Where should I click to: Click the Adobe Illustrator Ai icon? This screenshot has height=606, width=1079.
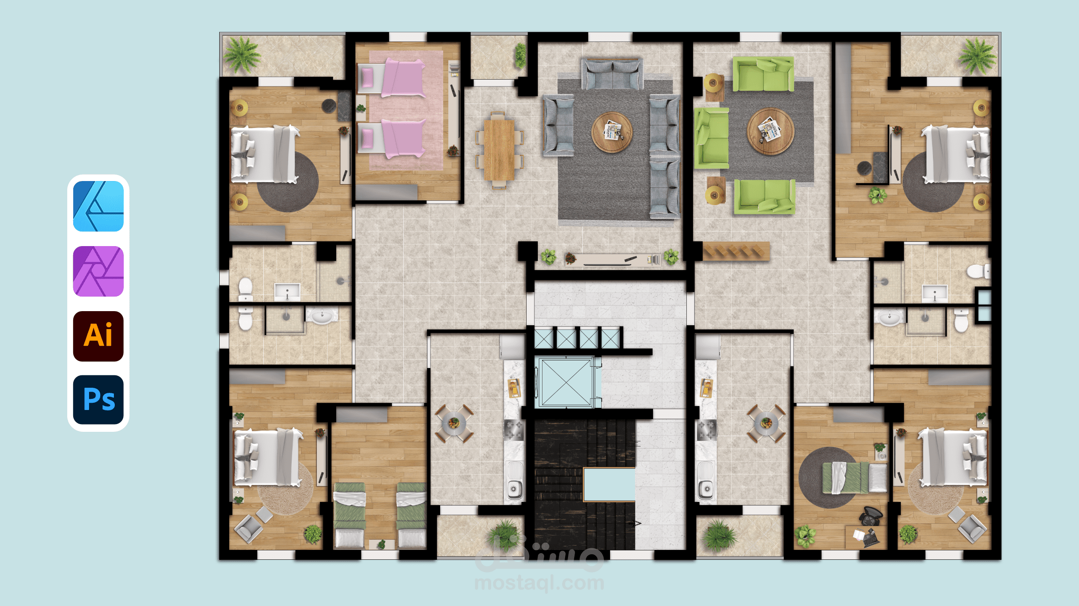pyautogui.click(x=98, y=336)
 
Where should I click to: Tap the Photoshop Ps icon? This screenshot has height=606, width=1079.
pyautogui.click(x=98, y=400)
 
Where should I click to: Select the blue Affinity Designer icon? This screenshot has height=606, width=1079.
pyautogui.click(x=98, y=206)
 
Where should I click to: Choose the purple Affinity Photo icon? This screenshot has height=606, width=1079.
pyautogui.click(x=98, y=271)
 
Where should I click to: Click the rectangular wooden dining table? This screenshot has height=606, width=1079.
pyautogui.click(x=499, y=150)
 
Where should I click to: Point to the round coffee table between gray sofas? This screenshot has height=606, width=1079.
pyautogui.click(x=612, y=132)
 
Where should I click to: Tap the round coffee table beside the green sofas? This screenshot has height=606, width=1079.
pyautogui.click(x=770, y=131)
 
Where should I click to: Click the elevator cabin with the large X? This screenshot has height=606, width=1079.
pyautogui.click(x=566, y=383)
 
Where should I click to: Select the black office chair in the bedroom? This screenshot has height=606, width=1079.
pyautogui.click(x=871, y=516)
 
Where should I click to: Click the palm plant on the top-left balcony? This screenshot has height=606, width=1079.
pyautogui.click(x=242, y=54)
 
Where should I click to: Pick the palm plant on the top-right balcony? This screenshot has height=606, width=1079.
pyautogui.click(x=977, y=56)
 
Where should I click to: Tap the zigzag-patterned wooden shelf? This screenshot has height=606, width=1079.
pyautogui.click(x=736, y=251)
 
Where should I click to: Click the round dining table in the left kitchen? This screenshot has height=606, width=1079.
pyautogui.click(x=454, y=423)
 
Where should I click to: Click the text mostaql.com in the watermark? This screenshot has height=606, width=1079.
pyautogui.click(x=539, y=583)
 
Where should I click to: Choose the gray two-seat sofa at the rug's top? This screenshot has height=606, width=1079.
pyautogui.click(x=612, y=74)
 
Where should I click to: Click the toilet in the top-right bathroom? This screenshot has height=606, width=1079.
pyautogui.click(x=978, y=271)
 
